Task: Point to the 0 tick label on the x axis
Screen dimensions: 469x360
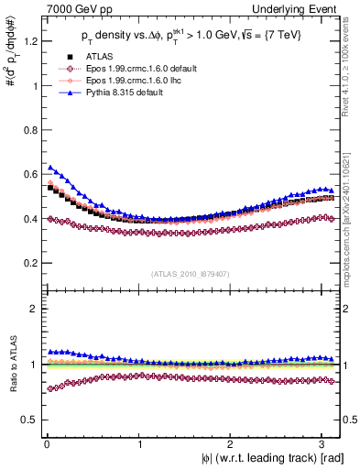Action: pyautogui.click(x=45, y=443)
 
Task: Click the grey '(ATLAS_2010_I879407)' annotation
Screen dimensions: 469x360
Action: pyautogui.click(x=191, y=272)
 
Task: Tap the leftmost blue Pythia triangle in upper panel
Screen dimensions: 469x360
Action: pyautogui.click(x=50, y=168)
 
